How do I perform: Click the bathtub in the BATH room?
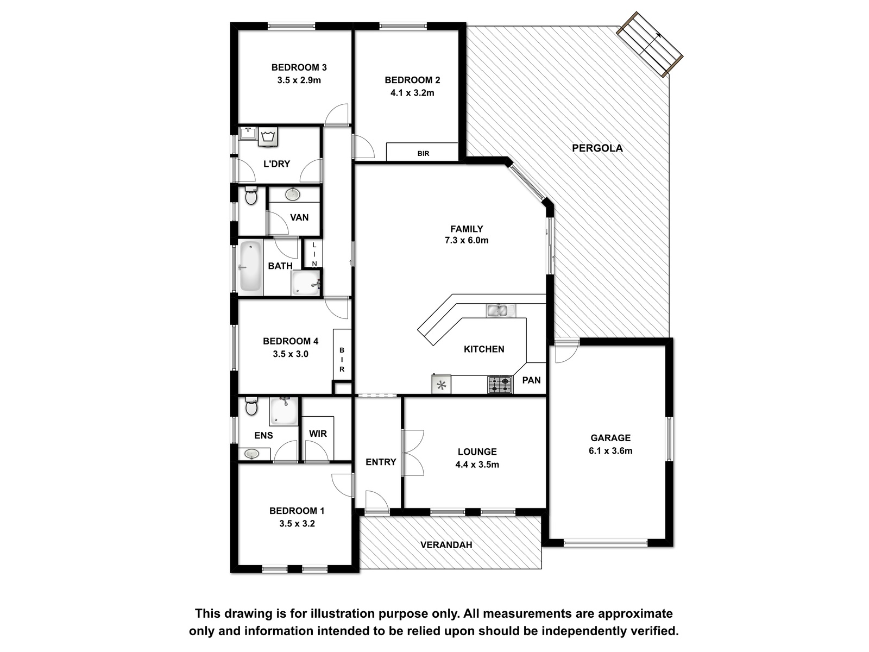coord(250,266)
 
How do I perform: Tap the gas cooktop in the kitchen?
coord(500,384)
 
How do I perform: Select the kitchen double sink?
coord(500,310)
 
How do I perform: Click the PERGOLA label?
coord(597,148)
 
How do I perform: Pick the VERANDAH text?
coord(446,545)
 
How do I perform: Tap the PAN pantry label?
coord(531,380)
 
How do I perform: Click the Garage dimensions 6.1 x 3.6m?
coord(610,450)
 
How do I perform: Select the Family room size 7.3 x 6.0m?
coord(467,240)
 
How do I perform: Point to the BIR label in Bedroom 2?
coord(423,153)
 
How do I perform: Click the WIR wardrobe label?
coord(318,434)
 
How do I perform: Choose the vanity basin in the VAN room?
coord(293,194)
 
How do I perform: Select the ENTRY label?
coord(381,462)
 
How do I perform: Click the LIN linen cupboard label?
coord(314,254)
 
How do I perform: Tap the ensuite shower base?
coord(284,411)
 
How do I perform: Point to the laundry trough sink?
coord(248,133)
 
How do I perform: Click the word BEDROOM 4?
coord(291,341)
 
